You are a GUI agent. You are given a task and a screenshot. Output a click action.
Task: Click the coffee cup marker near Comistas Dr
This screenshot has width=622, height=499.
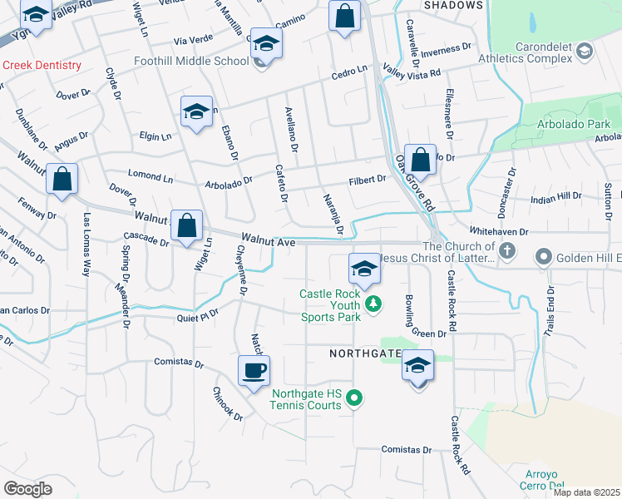254,370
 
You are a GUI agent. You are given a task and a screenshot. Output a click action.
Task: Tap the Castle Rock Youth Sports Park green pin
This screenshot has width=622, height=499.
374,304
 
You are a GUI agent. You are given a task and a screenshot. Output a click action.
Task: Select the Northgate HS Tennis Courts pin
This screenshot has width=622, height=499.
354,399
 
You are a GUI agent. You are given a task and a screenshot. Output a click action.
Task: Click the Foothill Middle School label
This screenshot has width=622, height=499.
190,61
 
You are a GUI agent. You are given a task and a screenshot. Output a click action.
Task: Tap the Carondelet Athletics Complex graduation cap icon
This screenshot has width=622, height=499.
585,52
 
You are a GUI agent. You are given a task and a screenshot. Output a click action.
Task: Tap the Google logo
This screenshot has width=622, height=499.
27,488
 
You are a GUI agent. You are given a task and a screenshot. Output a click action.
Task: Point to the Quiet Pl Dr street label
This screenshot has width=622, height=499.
196,315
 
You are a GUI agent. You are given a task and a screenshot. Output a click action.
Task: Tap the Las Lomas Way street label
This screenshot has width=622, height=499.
86,245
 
